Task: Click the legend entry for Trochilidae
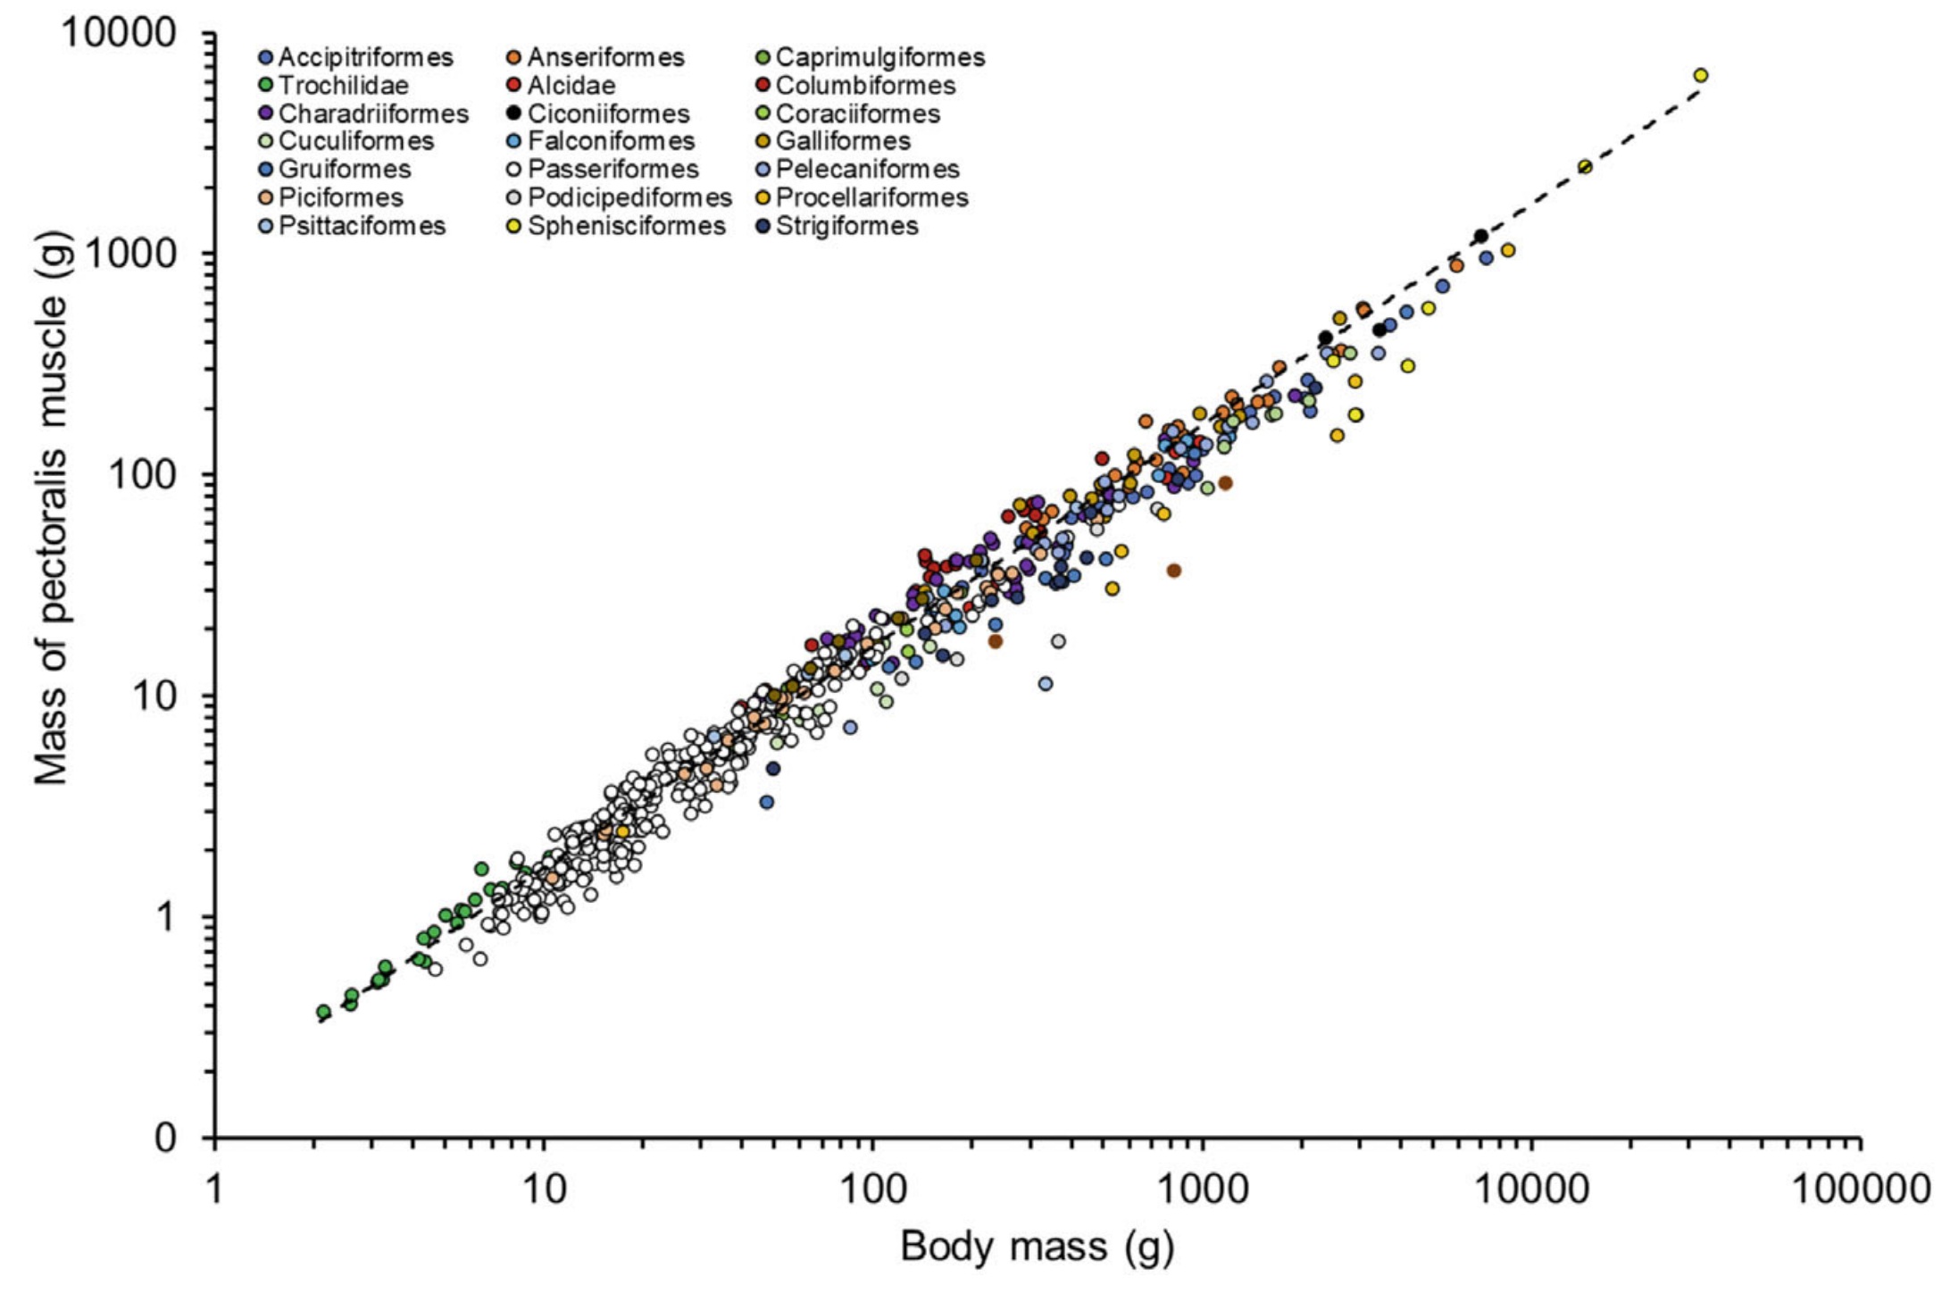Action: [343, 86]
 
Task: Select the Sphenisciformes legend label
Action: [626, 226]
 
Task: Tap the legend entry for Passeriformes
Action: [613, 170]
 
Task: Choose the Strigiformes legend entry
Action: [846, 226]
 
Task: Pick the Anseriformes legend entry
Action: [604, 58]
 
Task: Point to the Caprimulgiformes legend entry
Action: [879, 58]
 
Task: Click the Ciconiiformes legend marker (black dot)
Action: [513, 114]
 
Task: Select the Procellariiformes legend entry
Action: [871, 197]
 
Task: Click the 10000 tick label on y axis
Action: [119, 33]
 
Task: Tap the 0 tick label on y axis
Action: [166, 1138]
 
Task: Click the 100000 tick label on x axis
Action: [1861, 1189]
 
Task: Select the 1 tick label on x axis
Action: [214, 1189]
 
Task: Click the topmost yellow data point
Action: [1700, 75]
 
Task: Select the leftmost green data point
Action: [323, 1012]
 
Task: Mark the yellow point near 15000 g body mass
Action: [1585, 167]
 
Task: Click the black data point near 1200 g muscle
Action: [1480, 236]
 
